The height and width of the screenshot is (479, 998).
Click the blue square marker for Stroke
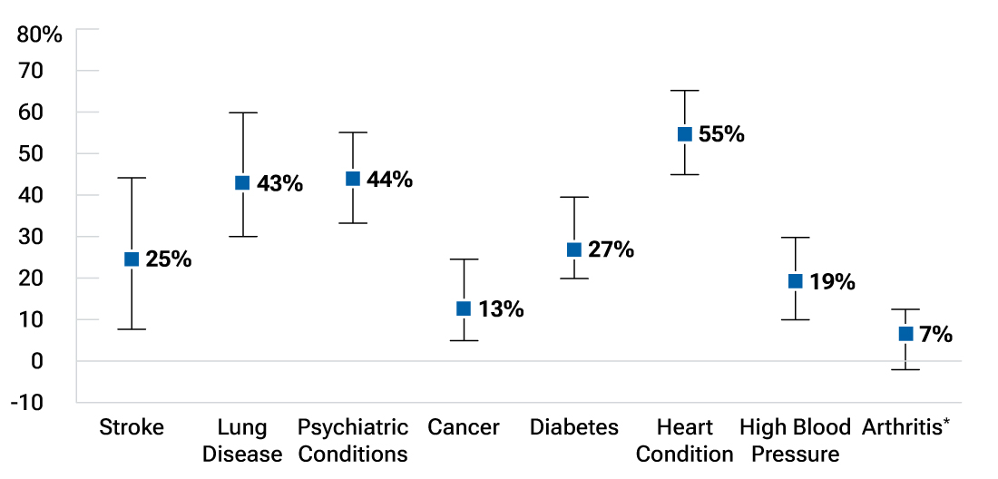tap(132, 259)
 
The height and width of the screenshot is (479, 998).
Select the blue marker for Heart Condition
tap(685, 134)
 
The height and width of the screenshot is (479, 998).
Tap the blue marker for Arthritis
tap(905, 334)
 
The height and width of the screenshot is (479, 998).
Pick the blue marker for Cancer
tap(464, 308)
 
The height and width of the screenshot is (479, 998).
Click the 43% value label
tap(279, 183)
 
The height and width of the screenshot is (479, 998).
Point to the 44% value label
tap(389, 180)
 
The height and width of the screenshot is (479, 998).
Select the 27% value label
tap(611, 249)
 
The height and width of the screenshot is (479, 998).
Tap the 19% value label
tap(832, 281)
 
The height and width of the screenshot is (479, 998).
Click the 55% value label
tap(721, 134)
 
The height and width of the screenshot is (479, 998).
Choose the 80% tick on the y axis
tap(40, 35)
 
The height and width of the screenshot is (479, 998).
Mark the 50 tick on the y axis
tap(46, 153)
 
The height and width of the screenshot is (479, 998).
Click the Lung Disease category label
tap(242, 440)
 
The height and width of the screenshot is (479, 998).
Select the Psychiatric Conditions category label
tap(353, 440)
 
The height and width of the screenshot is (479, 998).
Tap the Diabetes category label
tap(574, 427)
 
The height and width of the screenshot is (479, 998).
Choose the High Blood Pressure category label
tap(795, 440)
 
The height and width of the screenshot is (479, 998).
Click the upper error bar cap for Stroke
tap(132, 178)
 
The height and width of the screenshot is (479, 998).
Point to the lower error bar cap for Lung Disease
tap(242, 236)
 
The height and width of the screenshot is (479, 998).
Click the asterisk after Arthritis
tap(946, 422)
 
